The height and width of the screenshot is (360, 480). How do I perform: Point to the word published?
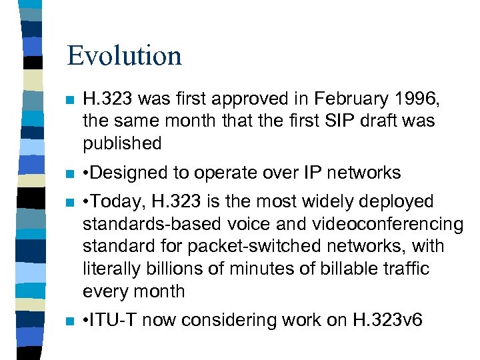click(x=122, y=143)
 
